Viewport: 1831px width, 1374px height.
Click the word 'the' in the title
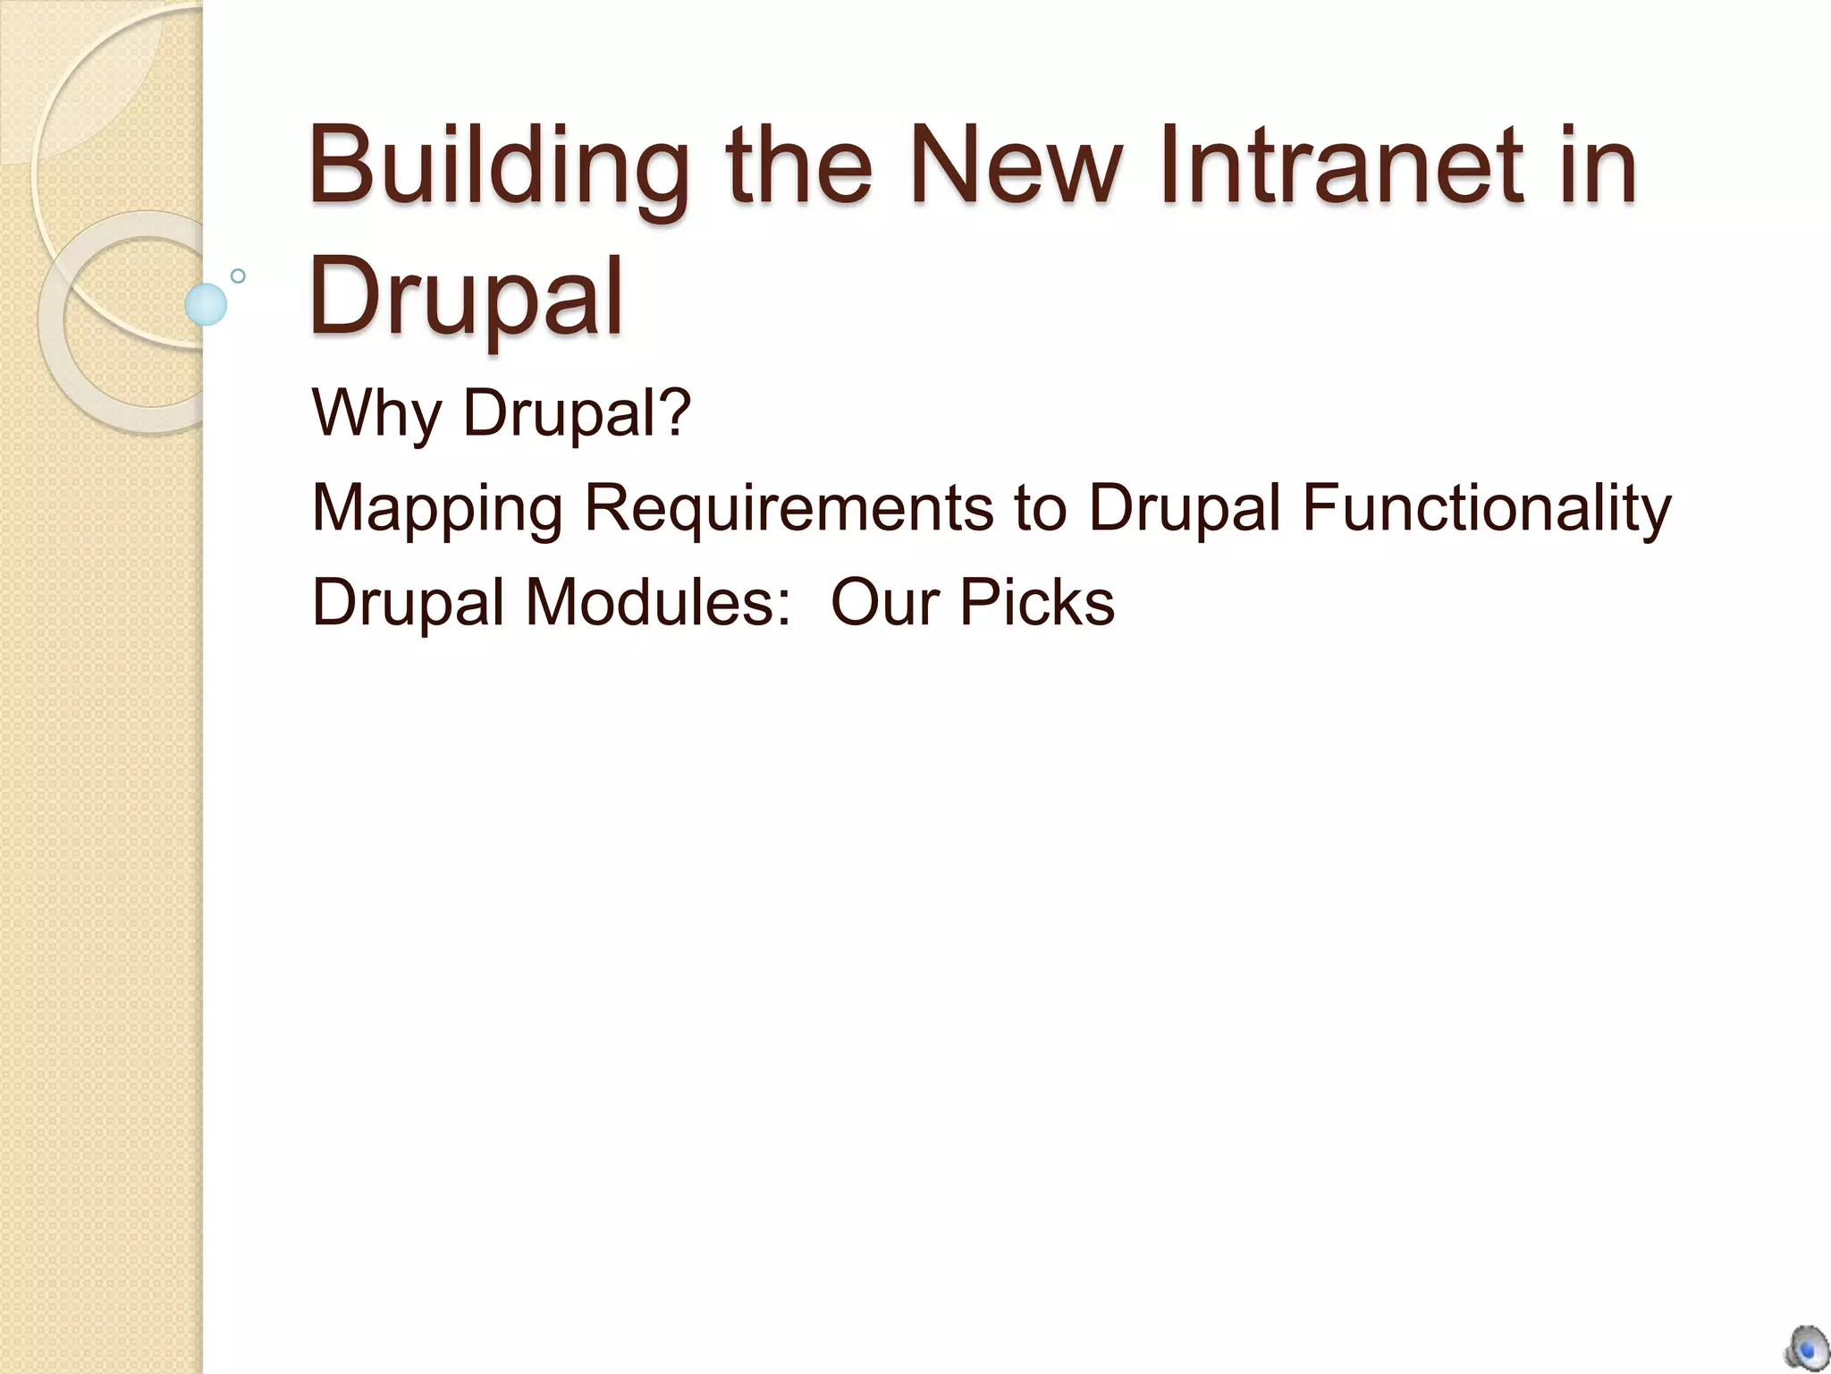click(798, 165)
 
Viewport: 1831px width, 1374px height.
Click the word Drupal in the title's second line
click(465, 295)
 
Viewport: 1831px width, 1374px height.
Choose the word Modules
click(649, 601)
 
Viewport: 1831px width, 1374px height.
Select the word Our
click(885, 601)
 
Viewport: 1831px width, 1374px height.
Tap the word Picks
click(1037, 601)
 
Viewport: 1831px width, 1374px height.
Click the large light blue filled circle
click(206, 304)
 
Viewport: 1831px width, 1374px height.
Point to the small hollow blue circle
click(238, 276)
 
